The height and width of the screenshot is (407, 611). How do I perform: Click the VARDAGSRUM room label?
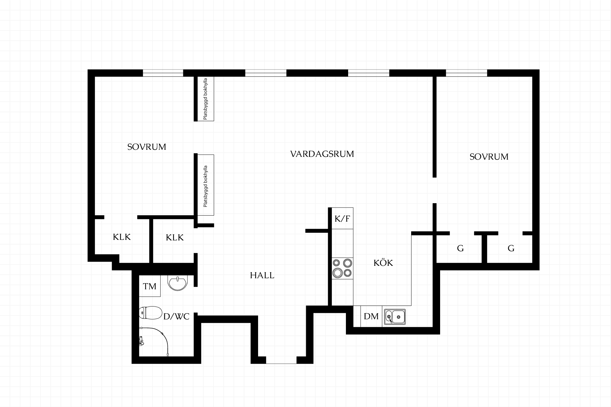click(322, 154)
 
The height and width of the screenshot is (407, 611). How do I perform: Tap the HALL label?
click(262, 275)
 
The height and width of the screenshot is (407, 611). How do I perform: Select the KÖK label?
click(383, 263)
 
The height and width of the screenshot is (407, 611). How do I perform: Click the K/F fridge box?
click(342, 218)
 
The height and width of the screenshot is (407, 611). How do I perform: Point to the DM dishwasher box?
click(371, 316)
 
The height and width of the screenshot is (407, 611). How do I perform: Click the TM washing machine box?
click(150, 286)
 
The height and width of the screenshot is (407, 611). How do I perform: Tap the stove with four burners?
click(342, 268)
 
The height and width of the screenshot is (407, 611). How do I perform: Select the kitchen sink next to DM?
click(395, 317)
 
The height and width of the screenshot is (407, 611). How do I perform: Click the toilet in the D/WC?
click(150, 313)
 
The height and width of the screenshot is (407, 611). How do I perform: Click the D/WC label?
click(176, 316)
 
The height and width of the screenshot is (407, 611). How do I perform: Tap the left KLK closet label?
click(122, 237)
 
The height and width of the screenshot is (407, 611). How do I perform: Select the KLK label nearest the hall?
click(175, 238)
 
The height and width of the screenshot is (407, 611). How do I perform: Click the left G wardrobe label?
click(460, 248)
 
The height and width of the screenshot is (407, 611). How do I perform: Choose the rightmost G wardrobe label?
click(511, 248)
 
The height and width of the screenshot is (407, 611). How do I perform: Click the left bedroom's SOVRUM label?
click(147, 147)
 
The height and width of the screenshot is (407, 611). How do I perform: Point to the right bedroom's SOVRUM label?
click(489, 157)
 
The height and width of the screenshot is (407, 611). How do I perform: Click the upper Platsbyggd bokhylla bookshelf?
click(206, 99)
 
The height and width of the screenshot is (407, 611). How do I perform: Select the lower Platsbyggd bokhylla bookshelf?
click(206, 185)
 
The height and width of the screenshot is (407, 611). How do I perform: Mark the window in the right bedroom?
click(467, 73)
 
